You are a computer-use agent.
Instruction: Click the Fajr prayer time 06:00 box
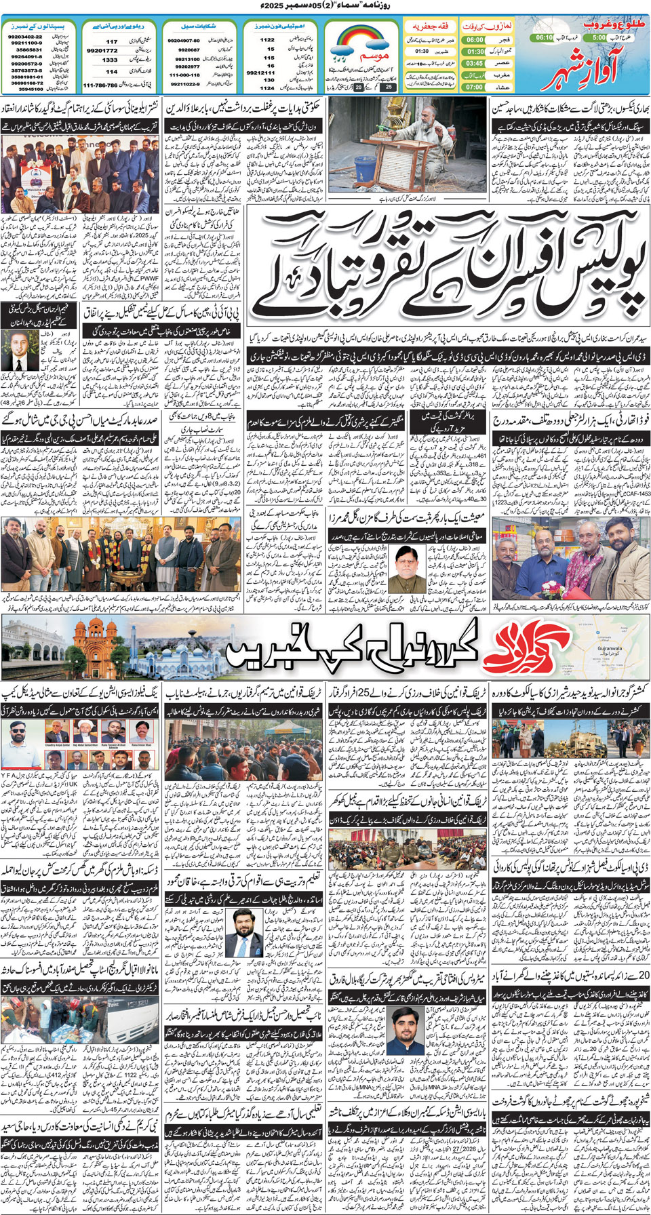(475, 40)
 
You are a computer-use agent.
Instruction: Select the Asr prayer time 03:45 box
(475, 63)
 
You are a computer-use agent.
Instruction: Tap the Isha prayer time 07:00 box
(475, 87)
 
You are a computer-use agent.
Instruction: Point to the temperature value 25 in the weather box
(389, 87)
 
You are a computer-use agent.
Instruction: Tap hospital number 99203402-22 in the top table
(25, 37)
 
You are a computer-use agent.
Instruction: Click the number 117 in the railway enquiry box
(111, 41)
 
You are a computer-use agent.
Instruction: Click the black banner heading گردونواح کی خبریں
(353, 650)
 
